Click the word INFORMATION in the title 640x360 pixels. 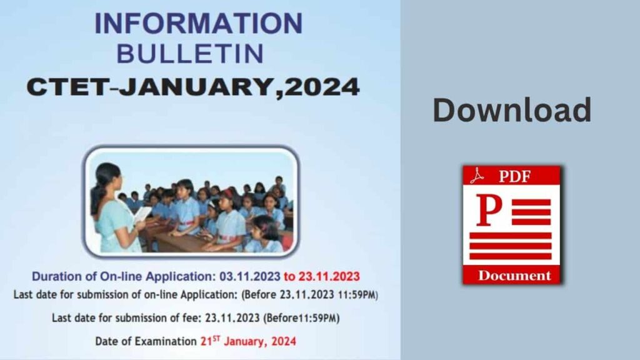coord(198,24)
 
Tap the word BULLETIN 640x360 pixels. coord(189,54)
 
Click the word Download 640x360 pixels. coord(512,111)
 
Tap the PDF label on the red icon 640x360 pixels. coord(514,176)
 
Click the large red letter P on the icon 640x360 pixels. coord(488,211)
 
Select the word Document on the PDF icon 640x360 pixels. coord(514,276)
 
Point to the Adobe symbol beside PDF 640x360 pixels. coord(477,176)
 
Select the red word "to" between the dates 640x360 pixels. coord(291,276)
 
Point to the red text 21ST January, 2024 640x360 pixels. coord(248,341)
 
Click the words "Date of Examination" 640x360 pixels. coord(146,341)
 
